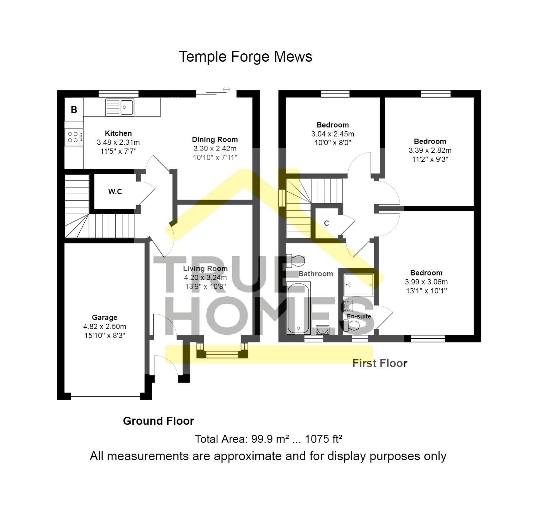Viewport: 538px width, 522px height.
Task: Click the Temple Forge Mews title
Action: click(x=245, y=57)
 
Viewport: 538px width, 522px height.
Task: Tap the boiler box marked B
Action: click(x=74, y=110)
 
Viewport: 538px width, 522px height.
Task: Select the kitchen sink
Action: click(x=120, y=107)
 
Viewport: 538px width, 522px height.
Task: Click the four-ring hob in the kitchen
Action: click(x=74, y=137)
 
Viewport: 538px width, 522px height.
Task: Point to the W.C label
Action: click(x=115, y=192)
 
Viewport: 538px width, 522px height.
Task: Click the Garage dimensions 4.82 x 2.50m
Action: click(x=105, y=327)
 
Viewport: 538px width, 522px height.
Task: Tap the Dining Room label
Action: click(x=215, y=139)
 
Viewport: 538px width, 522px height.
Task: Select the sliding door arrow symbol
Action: click(x=226, y=90)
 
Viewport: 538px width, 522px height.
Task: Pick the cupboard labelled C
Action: click(x=326, y=223)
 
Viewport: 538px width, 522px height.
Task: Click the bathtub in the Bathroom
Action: click(x=298, y=308)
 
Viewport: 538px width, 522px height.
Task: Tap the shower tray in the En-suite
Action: click(x=358, y=285)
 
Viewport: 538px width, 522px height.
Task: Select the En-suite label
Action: click(x=359, y=316)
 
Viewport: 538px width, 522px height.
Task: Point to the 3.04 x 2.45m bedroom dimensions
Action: click(x=332, y=134)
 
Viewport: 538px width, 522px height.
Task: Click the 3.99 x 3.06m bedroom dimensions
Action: click(x=426, y=282)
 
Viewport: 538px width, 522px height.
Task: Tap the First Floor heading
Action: click(x=379, y=363)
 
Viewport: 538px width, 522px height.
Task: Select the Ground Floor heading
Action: click(x=158, y=421)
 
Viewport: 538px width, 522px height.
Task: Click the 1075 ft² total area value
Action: click(x=323, y=439)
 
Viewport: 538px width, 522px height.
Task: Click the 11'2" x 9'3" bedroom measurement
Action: click(x=430, y=159)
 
